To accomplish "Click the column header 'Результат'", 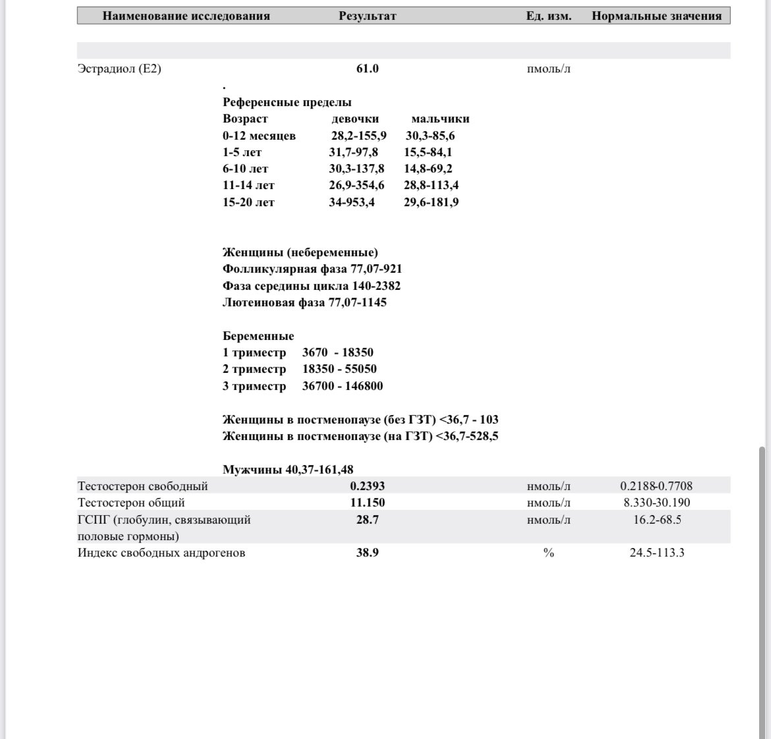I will pyautogui.click(x=367, y=16).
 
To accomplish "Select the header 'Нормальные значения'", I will pyautogui.click(x=656, y=16).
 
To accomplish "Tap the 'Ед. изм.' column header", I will pyautogui.click(x=548, y=16).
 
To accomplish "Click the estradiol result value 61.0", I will pyautogui.click(x=367, y=68).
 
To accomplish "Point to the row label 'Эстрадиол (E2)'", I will pyautogui.click(x=119, y=68).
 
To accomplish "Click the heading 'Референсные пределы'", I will pyautogui.click(x=287, y=102).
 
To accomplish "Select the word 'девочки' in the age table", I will pyautogui.click(x=355, y=119).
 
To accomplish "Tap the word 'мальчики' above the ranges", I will pyautogui.click(x=440, y=119).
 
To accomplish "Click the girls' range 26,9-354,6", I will pyautogui.click(x=357, y=185).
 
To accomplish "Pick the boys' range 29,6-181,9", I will pyautogui.click(x=431, y=202).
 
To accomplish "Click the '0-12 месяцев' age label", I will pyautogui.click(x=259, y=136).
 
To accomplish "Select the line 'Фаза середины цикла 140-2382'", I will pyautogui.click(x=311, y=286).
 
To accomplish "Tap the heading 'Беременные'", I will pyautogui.click(x=258, y=336).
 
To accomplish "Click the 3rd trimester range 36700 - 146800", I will pyautogui.click(x=342, y=386).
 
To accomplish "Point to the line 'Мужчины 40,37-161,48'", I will pyautogui.click(x=288, y=470).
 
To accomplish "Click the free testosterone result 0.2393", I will pyautogui.click(x=367, y=486).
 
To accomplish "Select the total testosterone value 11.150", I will pyautogui.click(x=367, y=503).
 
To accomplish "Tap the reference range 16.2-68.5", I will pyautogui.click(x=656, y=520).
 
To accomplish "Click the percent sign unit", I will pyautogui.click(x=548, y=553).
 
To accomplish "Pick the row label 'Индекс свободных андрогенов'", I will pyautogui.click(x=161, y=553).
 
